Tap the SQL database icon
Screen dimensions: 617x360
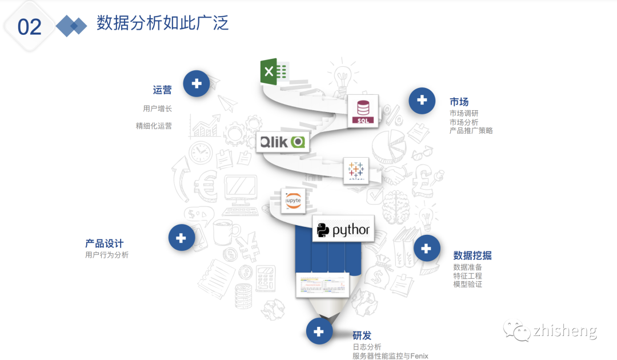click(363, 110)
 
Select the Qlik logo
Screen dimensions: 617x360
click(283, 142)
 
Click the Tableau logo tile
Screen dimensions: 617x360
click(356, 170)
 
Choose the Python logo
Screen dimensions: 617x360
click(343, 230)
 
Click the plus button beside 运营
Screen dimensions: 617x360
click(197, 83)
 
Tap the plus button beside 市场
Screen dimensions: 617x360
click(422, 101)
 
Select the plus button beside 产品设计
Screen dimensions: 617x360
click(182, 237)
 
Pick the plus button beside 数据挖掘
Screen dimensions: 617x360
click(426, 248)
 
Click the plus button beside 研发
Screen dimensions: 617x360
click(319, 331)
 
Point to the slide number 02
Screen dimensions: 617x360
click(30, 27)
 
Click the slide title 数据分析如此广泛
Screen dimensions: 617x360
click(162, 23)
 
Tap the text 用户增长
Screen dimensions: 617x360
click(157, 109)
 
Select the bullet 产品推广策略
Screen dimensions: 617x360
click(471, 131)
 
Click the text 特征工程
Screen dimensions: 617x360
click(467, 276)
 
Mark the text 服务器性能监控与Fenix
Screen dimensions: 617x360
click(390, 356)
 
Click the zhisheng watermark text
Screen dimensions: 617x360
click(564, 331)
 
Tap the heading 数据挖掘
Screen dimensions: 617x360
click(472, 255)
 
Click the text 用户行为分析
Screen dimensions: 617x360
click(107, 255)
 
